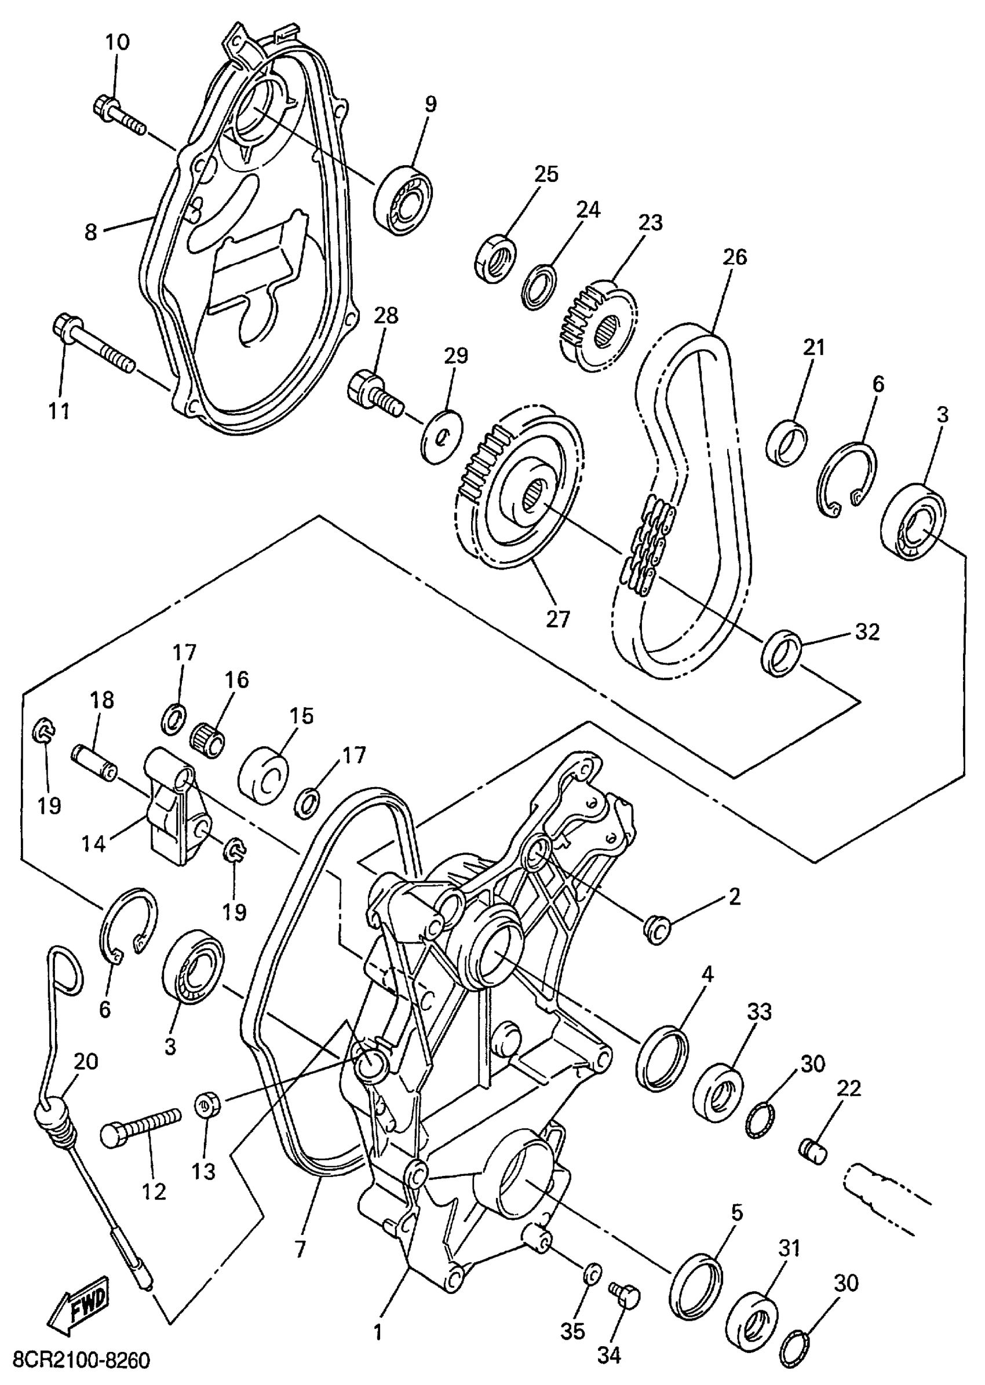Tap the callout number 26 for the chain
coord(735,257)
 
